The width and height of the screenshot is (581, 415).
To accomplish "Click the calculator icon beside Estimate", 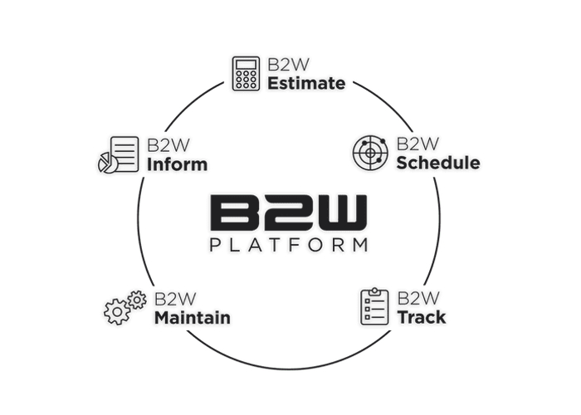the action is [x=246, y=73].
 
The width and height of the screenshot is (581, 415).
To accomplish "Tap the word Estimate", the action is [x=306, y=83].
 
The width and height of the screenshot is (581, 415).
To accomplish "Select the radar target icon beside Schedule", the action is [x=370, y=153].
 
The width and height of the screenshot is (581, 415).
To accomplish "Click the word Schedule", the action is [x=438, y=163].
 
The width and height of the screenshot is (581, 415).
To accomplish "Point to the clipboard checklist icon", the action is [x=374, y=307].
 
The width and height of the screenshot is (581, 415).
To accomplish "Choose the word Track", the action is [x=422, y=317].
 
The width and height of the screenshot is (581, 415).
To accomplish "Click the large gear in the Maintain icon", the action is [x=117, y=311].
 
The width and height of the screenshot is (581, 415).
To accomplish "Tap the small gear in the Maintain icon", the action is [x=138, y=300].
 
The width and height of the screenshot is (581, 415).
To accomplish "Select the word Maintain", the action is [x=193, y=318].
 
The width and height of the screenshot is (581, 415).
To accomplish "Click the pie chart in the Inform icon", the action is [x=107, y=163].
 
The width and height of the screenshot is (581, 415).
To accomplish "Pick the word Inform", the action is [x=177, y=164].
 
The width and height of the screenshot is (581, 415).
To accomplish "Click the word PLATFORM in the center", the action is [x=289, y=245].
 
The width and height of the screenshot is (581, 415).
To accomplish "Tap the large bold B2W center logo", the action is [x=289, y=212].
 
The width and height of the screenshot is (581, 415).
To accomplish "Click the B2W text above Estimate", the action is [x=288, y=64].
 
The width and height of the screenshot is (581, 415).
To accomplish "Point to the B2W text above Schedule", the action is [x=417, y=144].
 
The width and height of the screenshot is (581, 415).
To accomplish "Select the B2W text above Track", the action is [x=418, y=298].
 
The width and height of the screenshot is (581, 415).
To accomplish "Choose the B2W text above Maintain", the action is [x=175, y=299].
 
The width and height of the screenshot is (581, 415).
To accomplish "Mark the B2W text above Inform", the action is [x=168, y=145].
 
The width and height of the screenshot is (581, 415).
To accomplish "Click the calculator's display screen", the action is [x=246, y=65].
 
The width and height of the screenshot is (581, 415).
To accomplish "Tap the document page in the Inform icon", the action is [x=124, y=154].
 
